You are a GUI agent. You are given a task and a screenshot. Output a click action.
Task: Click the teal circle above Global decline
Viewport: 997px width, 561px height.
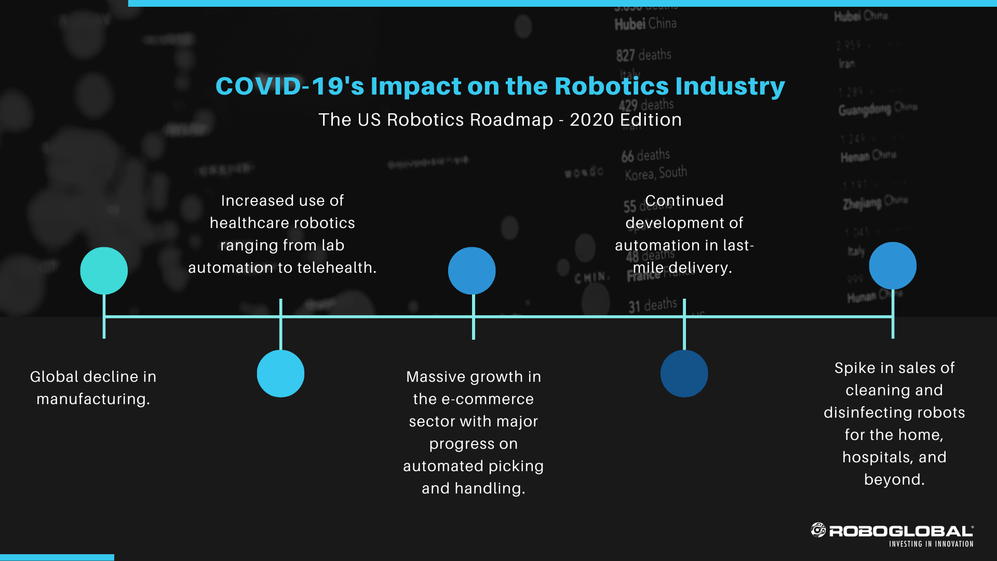104,271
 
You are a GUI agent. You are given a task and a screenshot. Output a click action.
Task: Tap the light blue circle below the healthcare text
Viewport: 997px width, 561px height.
280,373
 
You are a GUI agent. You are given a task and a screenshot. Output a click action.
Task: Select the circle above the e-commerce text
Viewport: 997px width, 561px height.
472,271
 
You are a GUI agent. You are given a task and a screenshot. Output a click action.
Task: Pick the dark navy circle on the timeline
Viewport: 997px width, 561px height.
684,373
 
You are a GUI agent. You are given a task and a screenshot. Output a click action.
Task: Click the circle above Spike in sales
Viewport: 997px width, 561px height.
893,265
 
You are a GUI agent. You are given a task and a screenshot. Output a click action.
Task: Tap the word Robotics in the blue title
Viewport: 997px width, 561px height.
611,86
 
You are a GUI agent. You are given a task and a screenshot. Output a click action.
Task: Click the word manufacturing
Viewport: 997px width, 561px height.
93,399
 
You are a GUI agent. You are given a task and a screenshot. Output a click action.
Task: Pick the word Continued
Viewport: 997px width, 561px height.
684,201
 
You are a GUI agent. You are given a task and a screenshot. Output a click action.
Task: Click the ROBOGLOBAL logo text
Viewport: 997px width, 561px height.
901,531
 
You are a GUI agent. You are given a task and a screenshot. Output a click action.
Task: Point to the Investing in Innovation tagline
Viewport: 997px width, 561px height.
931,544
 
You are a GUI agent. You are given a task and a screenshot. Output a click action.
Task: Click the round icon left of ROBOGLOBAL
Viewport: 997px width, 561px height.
818,530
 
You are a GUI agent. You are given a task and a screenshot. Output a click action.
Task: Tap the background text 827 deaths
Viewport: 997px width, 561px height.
643,55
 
